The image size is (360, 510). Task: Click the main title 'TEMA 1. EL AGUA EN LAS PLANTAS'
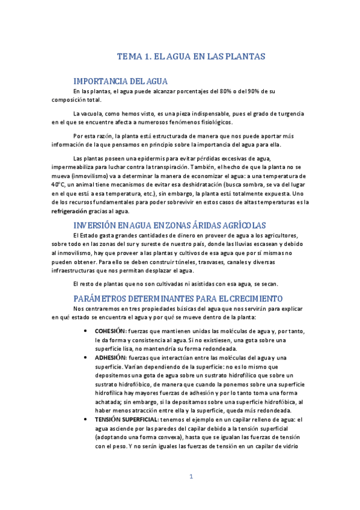tap(191, 57)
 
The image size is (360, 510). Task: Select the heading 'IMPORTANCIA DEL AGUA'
tap(120, 81)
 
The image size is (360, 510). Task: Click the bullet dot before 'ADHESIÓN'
tap(88, 357)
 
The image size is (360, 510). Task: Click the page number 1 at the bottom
tap(191, 494)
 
